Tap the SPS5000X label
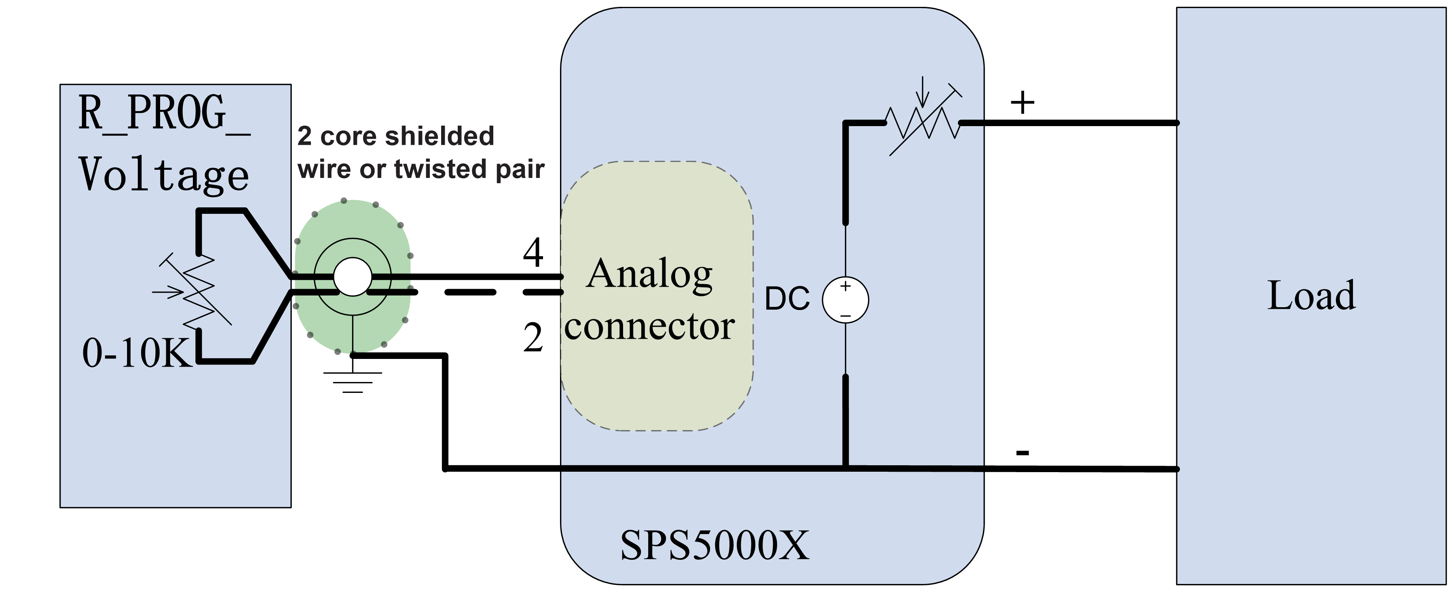tap(714, 545)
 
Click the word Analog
tap(649, 275)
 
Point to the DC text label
tap(787, 299)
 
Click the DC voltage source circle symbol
tap(845, 300)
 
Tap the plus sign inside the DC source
tap(845, 287)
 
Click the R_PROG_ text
tap(164, 113)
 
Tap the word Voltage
tap(164, 175)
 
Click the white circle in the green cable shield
tap(352, 276)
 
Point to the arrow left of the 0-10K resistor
tap(168, 292)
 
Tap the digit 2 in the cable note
tap(304, 136)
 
